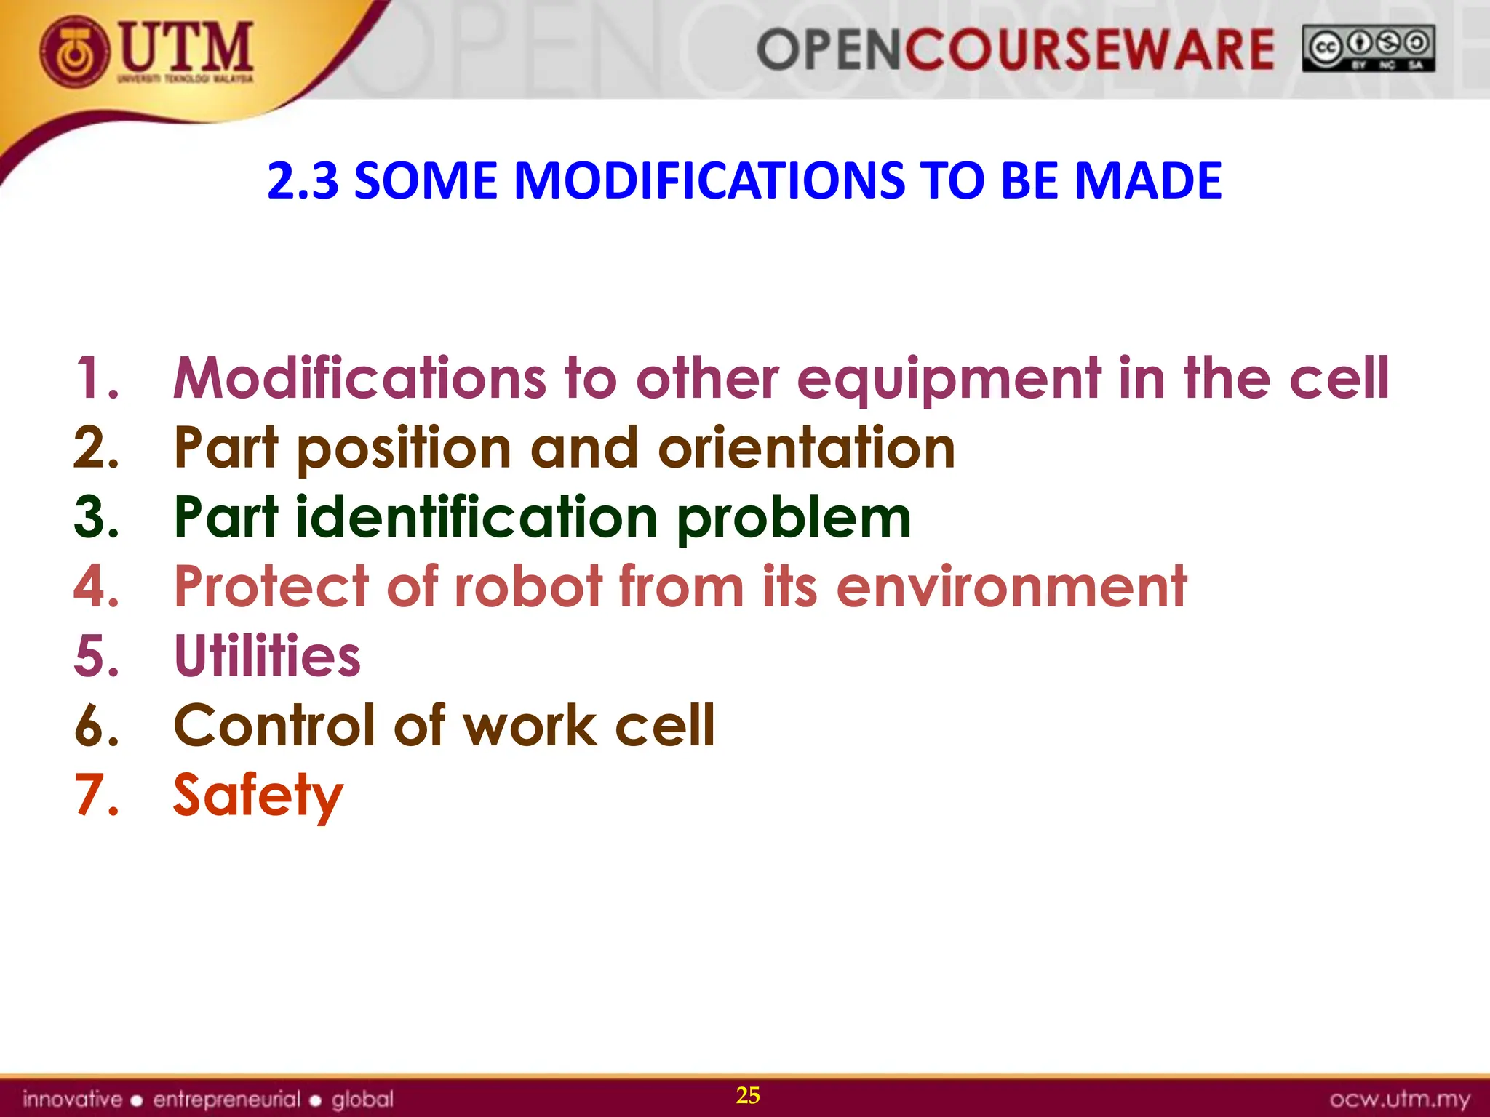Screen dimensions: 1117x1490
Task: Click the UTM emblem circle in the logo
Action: click(x=76, y=52)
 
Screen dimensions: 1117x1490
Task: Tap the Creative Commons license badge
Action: click(x=1368, y=49)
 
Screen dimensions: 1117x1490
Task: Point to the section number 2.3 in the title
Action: click(x=303, y=180)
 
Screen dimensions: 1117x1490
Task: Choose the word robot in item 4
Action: click(x=529, y=586)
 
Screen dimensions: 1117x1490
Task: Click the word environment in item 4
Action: click(x=1011, y=586)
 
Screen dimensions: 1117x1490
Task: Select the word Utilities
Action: click(x=267, y=656)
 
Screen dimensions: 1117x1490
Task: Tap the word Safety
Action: click(x=258, y=796)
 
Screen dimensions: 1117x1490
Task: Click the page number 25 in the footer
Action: click(x=748, y=1095)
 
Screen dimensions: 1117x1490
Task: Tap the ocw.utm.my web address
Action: click(x=1399, y=1099)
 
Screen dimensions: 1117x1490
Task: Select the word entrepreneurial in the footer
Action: click(x=226, y=1099)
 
